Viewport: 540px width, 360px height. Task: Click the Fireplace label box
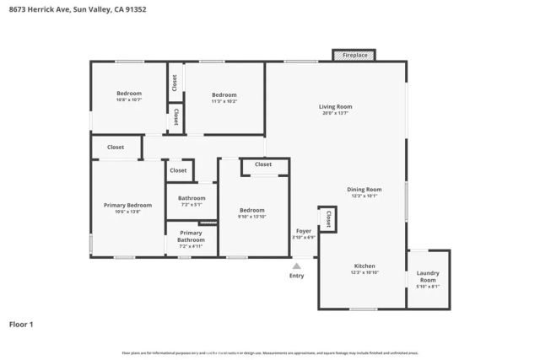click(x=354, y=55)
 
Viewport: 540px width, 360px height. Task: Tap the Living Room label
click(x=335, y=107)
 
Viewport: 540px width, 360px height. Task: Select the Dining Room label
click(x=364, y=190)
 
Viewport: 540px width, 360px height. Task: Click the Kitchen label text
click(x=364, y=266)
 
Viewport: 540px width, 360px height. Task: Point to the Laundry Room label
click(x=428, y=277)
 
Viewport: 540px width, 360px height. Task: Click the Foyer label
click(x=303, y=231)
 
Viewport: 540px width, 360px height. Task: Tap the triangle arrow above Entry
click(x=296, y=265)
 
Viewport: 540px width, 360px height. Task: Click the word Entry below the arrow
click(x=296, y=276)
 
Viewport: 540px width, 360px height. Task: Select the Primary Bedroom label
click(x=127, y=205)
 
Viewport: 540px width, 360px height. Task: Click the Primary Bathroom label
click(x=191, y=236)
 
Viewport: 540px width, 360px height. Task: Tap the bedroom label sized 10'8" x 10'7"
click(x=128, y=94)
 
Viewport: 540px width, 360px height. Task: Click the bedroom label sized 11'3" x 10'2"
click(x=224, y=94)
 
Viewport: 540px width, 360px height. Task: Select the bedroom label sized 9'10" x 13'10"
click(x=251, y=210)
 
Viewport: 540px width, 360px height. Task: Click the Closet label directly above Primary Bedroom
click(x=116, y=147)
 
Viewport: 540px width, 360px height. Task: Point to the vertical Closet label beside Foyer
click(x=327, y=219)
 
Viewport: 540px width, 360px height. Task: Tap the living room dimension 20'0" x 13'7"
click(x=335, y=113)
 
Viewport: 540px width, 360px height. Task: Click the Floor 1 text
click(x=22, y=323)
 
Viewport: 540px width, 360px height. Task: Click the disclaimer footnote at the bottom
click(x=269, y=352)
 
